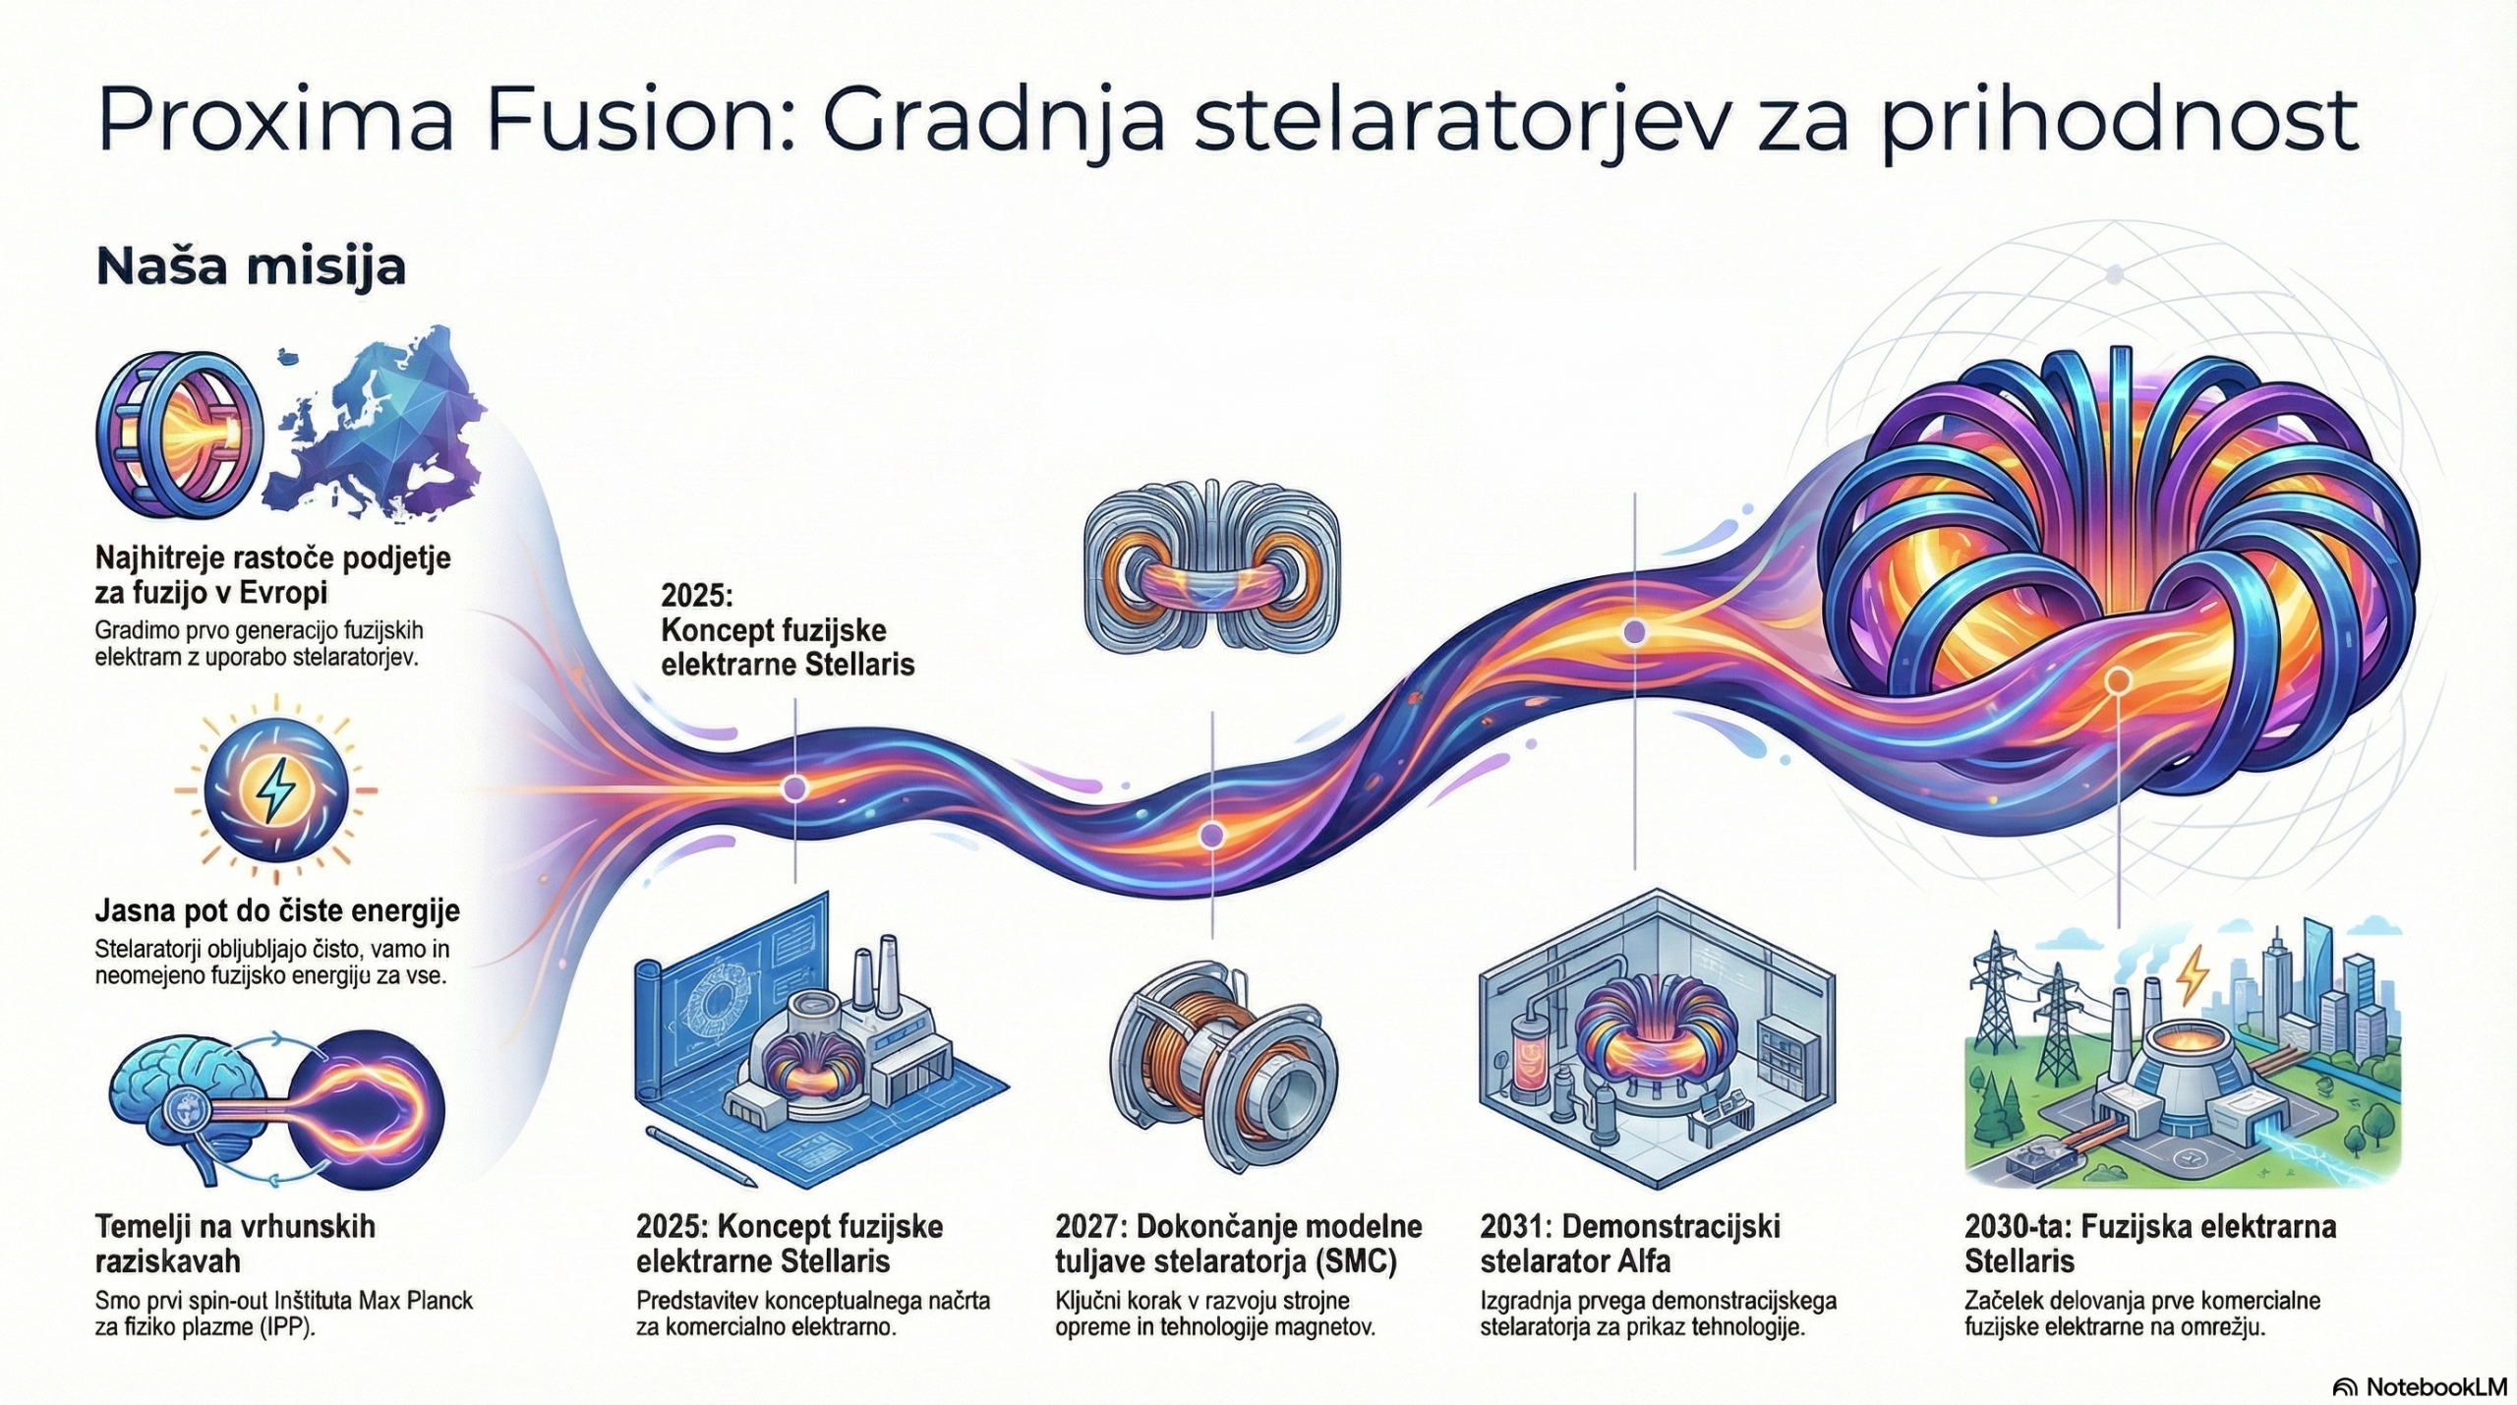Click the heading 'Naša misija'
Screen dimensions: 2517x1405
click(251, 267)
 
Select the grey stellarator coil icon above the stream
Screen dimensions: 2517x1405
click(1212, 566)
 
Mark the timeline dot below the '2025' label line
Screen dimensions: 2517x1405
click(794, 788)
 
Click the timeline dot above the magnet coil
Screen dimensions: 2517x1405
click(1212, 836)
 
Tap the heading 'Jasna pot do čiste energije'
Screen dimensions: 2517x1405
click(277, 910)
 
